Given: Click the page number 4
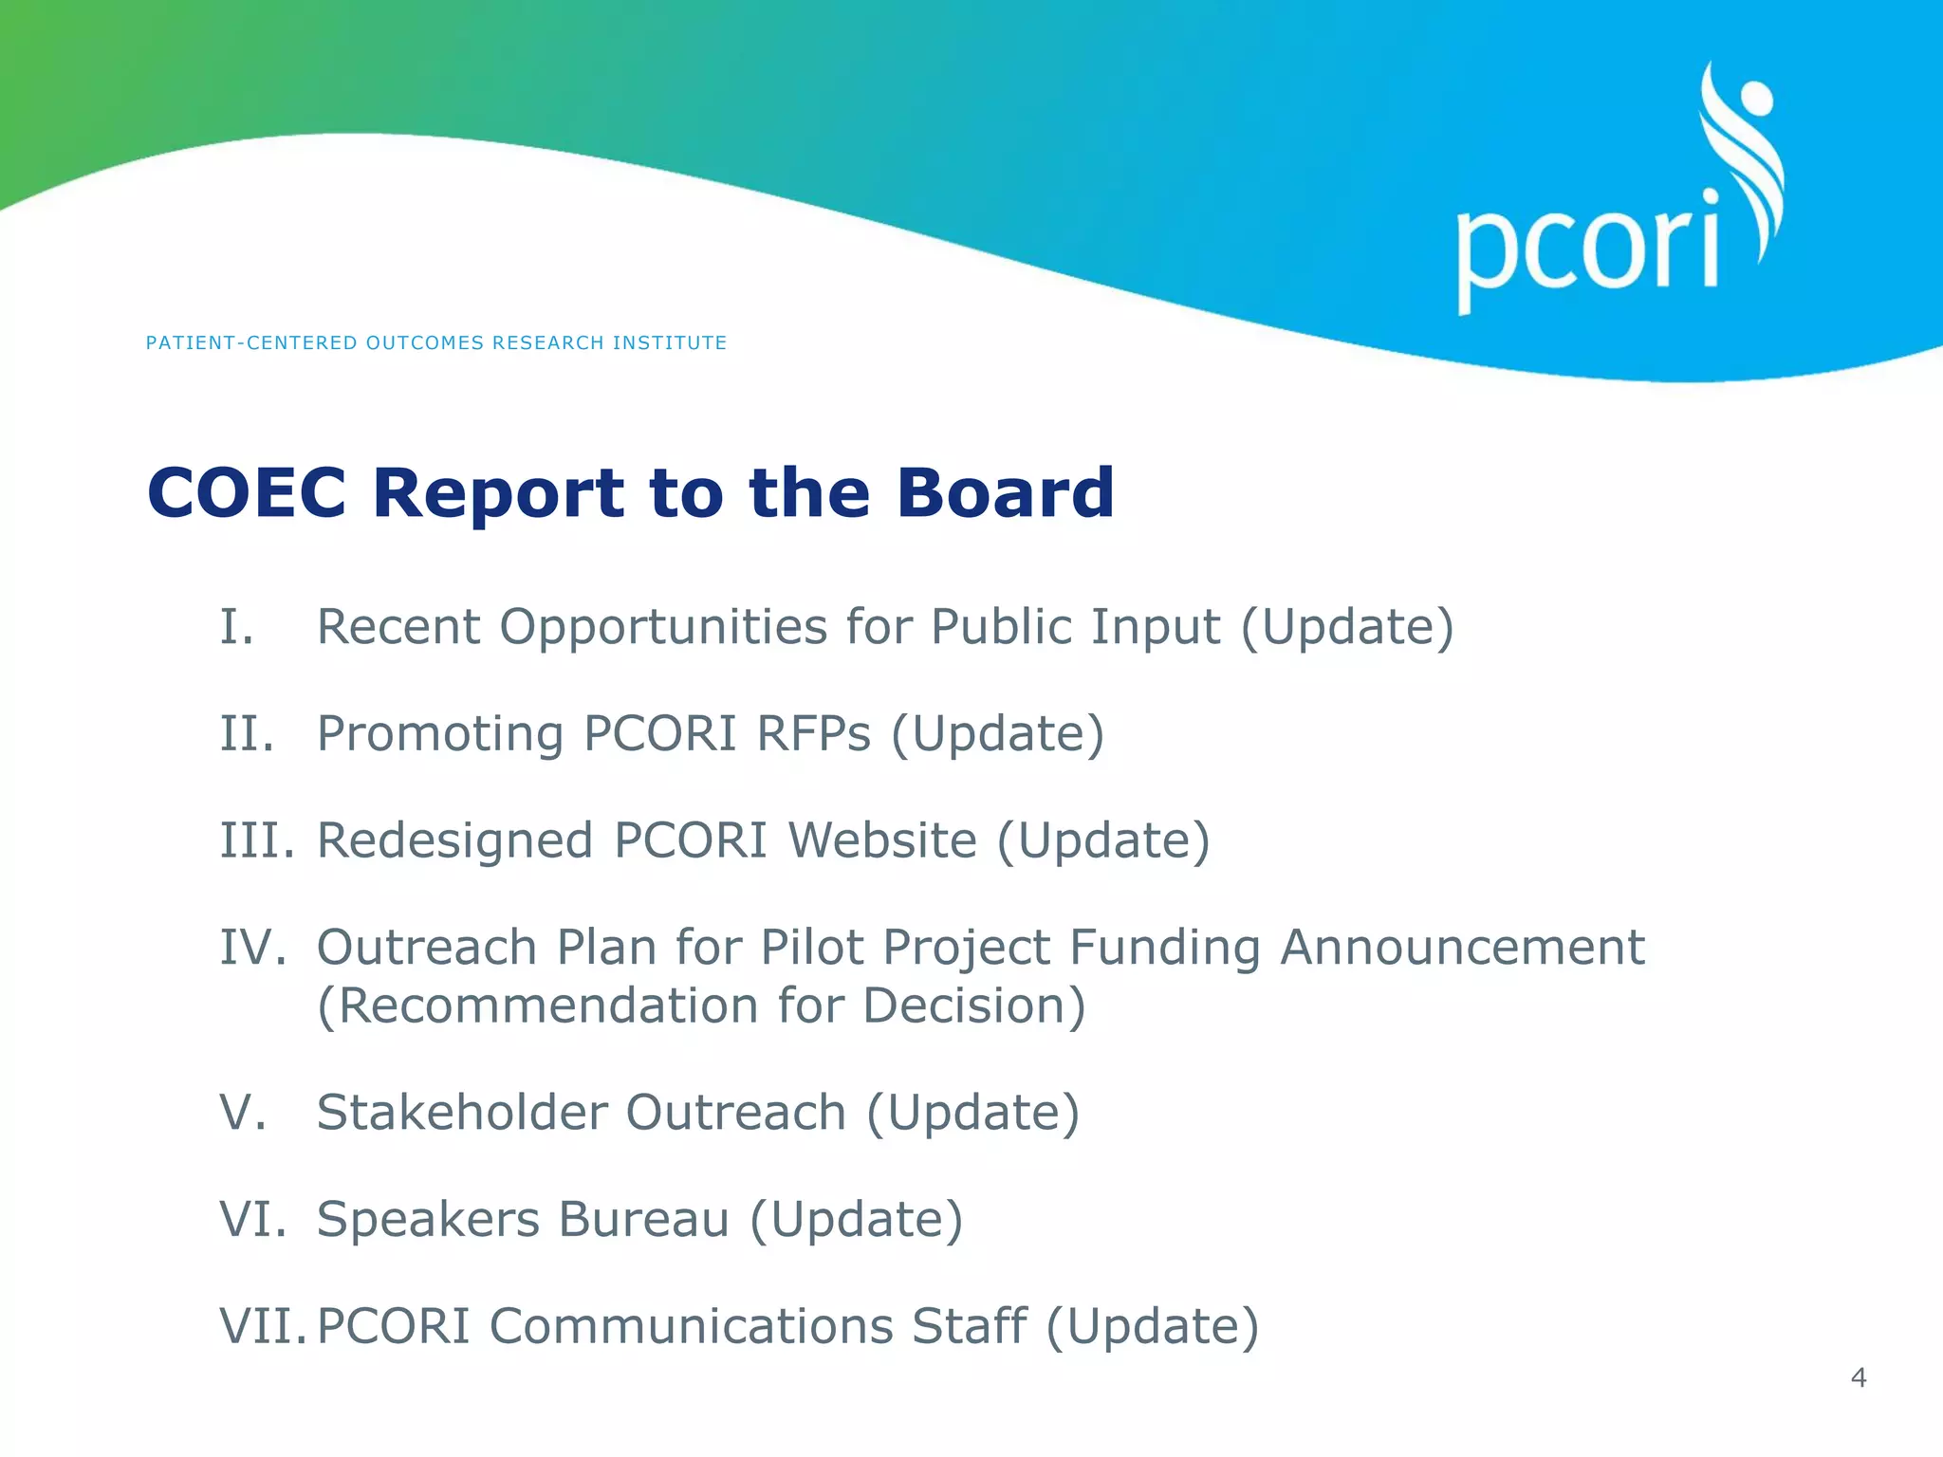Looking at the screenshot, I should (x=1858, y=1377).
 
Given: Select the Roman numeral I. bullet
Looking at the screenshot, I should (x=237, y=627).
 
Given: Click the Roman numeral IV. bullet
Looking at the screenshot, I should (x=252, y=948).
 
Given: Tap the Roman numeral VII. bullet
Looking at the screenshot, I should (x=263, y=1326).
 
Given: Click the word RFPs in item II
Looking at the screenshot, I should (x=812, y=734).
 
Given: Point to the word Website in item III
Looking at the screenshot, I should (x=881, y=840).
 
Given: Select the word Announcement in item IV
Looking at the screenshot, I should (x=1461, y=948).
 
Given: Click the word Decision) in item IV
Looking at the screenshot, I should (x=974, y=1005).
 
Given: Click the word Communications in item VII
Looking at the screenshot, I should (x=690, y=1326).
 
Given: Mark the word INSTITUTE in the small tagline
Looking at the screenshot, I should (x=669, y=343).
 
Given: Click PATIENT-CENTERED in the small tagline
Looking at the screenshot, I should (x=251, y=343).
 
